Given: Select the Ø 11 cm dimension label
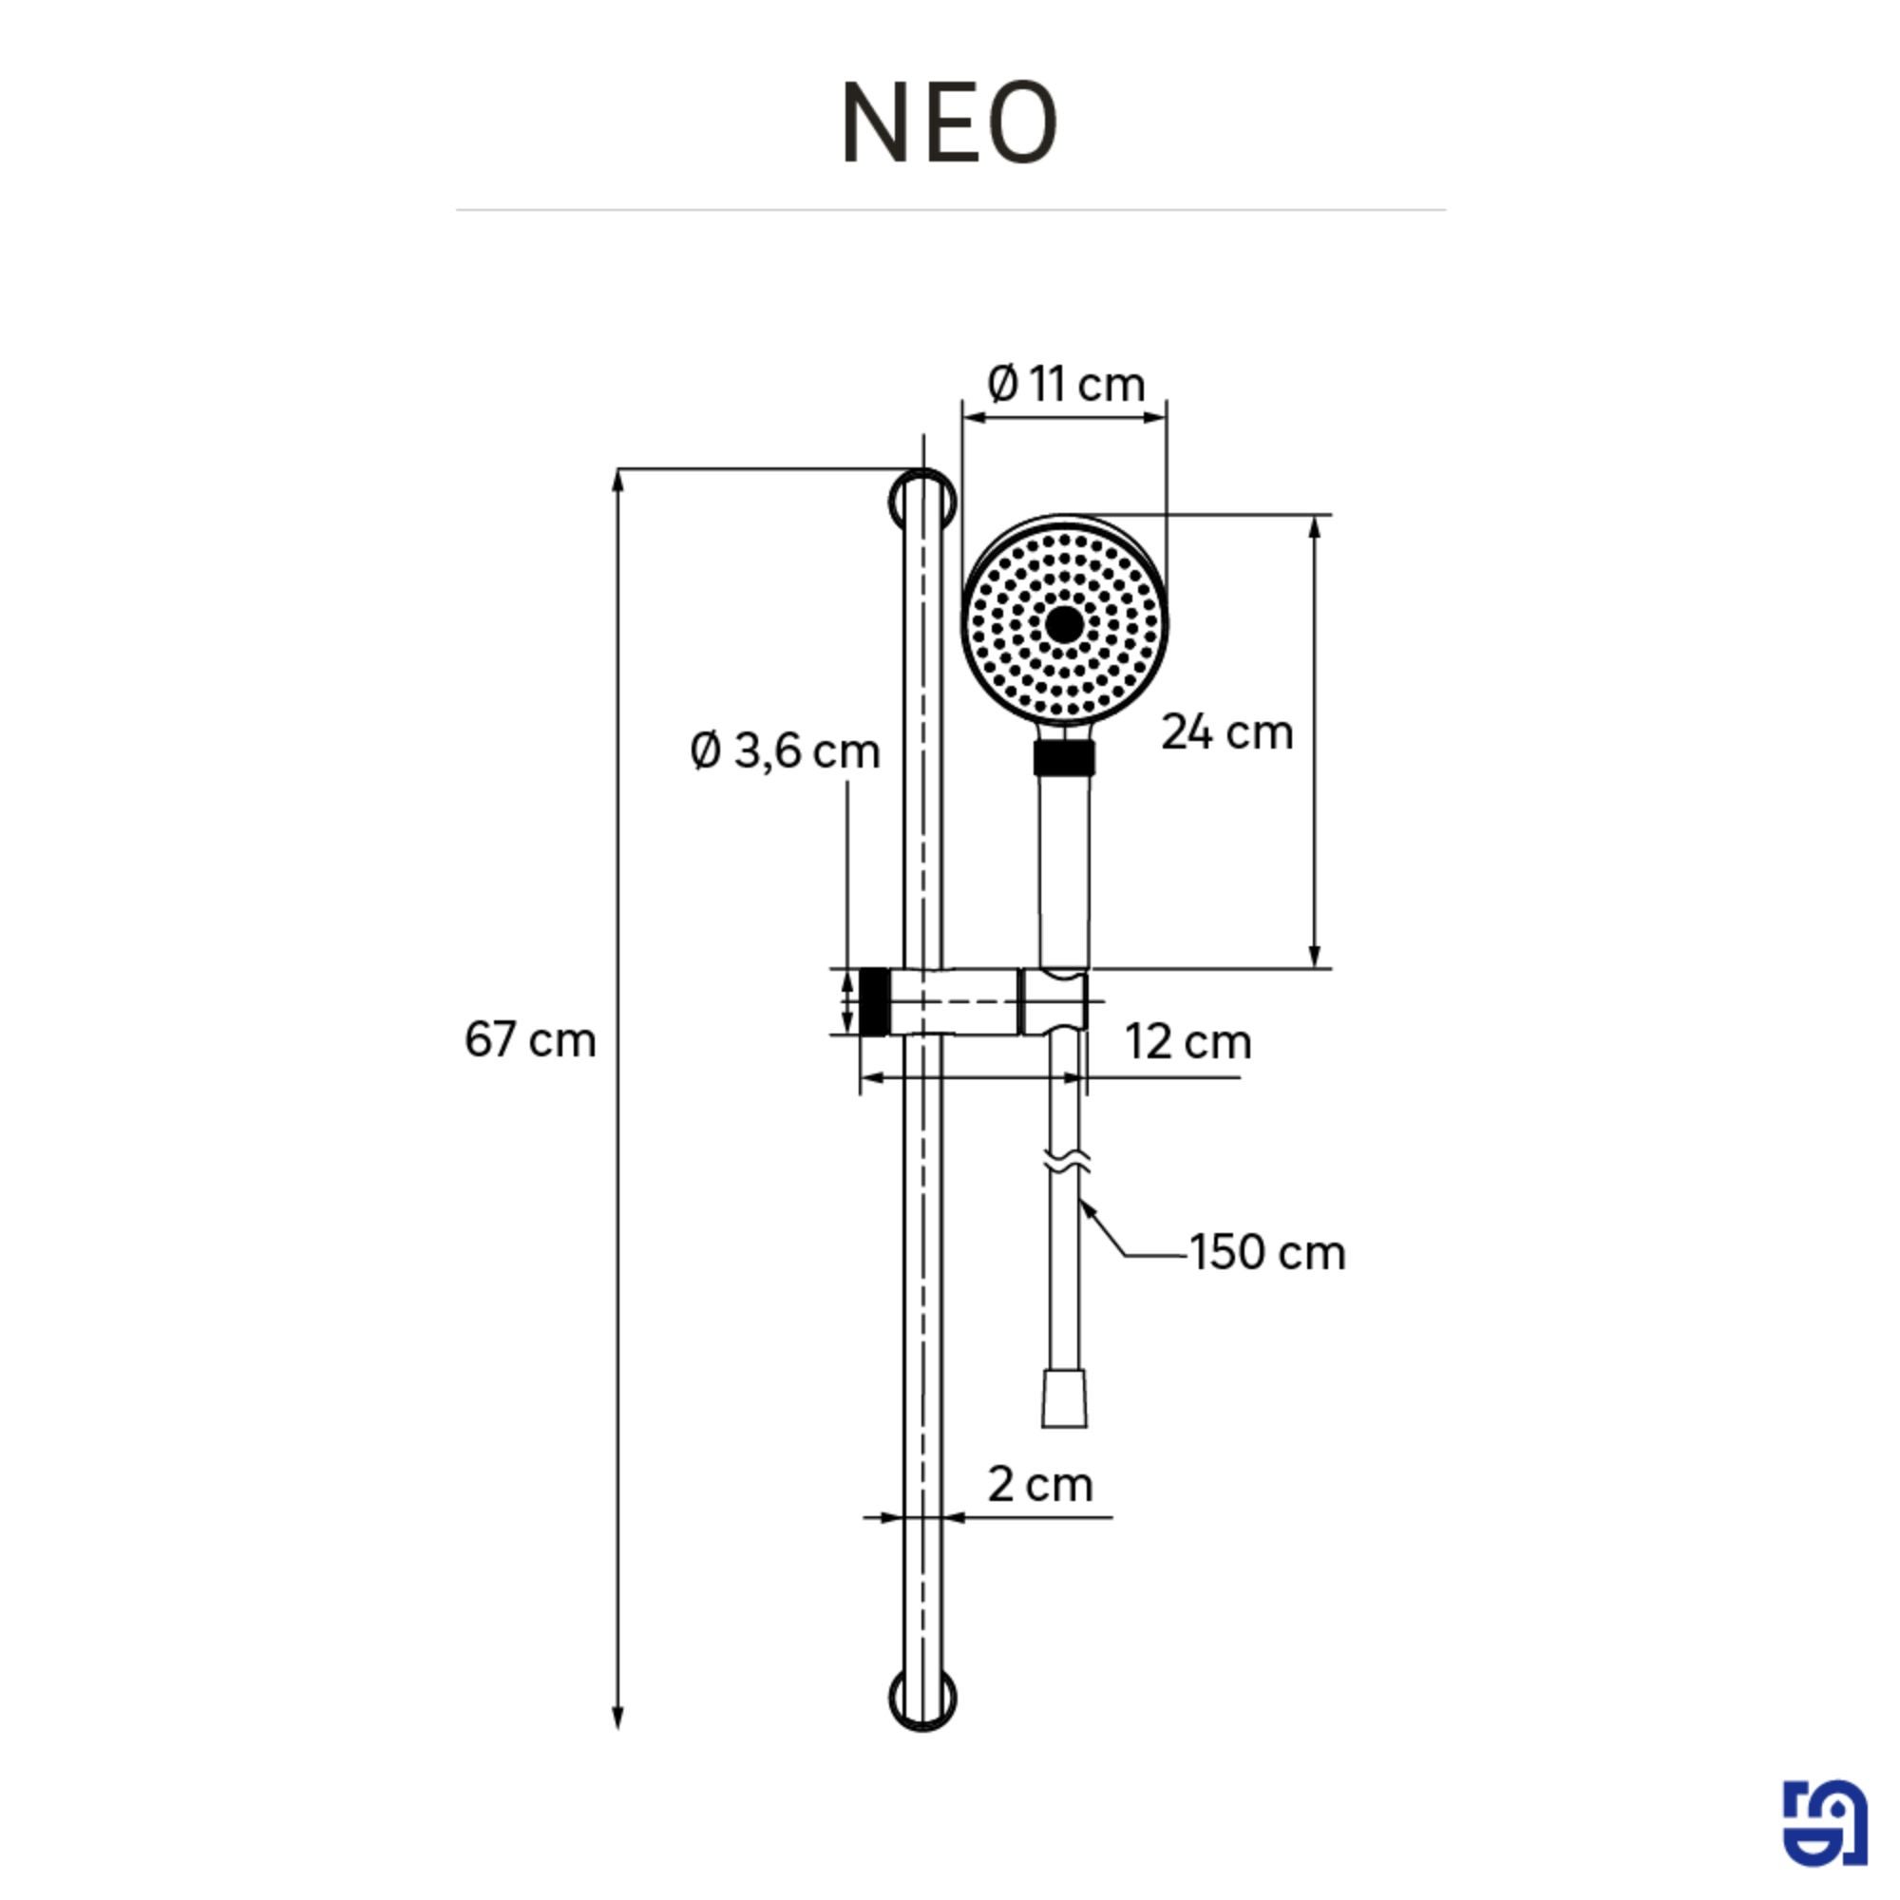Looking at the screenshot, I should pos(1066,384).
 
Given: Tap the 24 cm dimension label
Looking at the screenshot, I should pos(1226,732).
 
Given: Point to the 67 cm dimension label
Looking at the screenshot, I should pos(530,1039).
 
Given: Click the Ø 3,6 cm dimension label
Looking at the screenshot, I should pos(784,751).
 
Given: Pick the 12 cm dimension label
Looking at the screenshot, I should pos(1188,1041).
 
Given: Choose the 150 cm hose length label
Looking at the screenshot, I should pos(1266,1252).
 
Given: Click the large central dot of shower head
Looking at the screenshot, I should pos(1064,623).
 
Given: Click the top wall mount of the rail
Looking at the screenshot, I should pos(922,500).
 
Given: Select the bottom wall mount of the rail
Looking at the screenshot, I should pos(922,1700).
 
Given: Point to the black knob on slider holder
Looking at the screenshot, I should pos(874,1001).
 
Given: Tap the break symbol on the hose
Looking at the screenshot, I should pos(1065,1163).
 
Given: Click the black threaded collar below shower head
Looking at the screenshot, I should pos(1064,758).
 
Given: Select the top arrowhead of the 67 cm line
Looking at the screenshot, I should pos(617,480).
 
